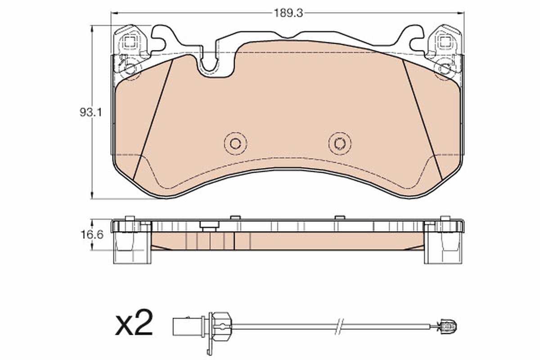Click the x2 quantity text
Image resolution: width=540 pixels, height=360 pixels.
tap(134, 323)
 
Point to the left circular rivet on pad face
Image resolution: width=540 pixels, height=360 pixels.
tap(235, 144)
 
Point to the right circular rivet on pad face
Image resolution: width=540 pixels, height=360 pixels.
tap(340, 144)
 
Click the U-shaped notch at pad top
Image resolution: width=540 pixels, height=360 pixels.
tap(214, 65)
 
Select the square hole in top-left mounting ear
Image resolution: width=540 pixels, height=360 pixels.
tap(130, 43)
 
